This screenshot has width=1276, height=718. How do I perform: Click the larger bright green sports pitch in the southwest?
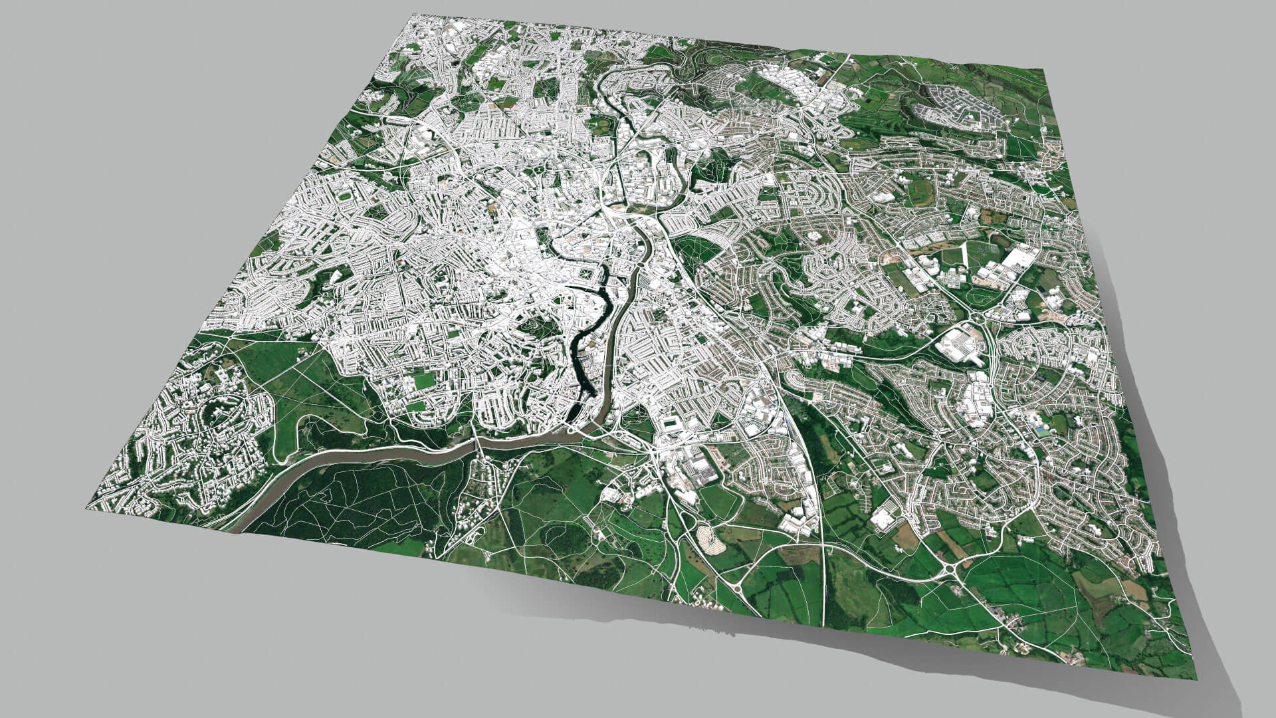[x=423, y=381]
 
